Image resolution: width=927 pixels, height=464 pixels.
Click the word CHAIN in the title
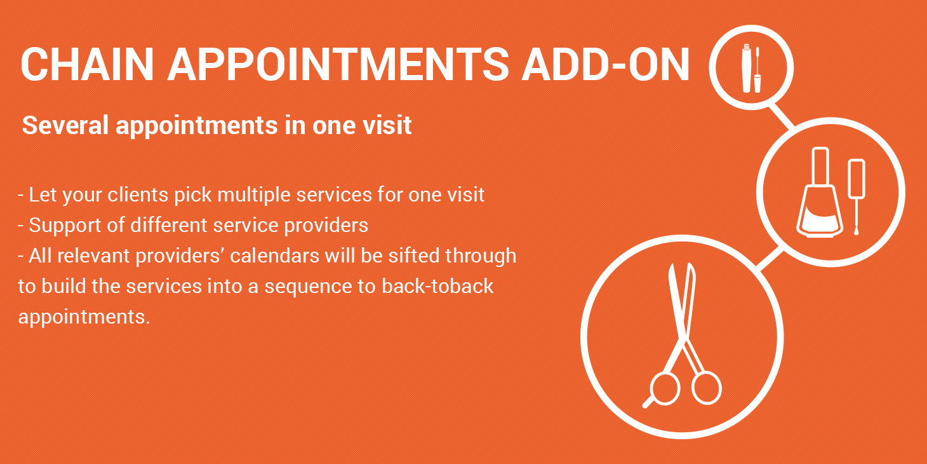tap(88, 64)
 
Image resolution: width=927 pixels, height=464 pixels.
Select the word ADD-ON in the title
tap(606, 64)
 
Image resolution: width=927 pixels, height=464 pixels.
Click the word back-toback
tap(437, 286)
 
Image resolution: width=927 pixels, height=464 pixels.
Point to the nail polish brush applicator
tap(857, 197)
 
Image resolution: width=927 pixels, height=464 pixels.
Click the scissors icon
tap(683, 336)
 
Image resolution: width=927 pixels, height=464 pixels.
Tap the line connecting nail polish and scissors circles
tap(771, 259)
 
